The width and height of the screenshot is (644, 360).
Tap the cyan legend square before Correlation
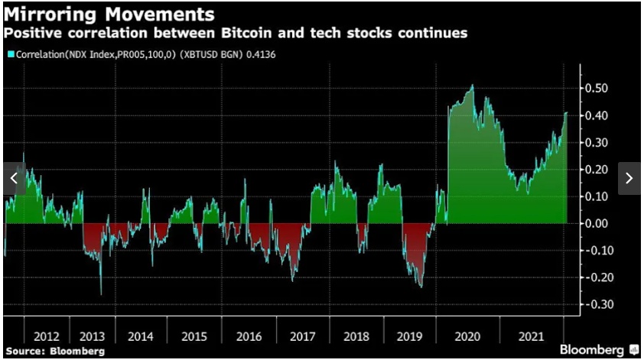click(x=9, y=54)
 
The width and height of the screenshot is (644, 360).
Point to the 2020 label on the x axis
click(x=467, y=336)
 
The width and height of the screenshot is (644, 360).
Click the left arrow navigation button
click(x=14, y=178)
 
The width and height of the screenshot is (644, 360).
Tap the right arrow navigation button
click(x=629, y=178)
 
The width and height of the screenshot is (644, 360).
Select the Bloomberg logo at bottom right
click(x=599, y=349)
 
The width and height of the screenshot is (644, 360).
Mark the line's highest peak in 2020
click(x=473, y=86)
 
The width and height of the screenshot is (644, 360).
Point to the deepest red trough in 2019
click(x=420, y=287)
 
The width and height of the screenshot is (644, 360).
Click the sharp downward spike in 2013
click(x=101, y=294)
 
